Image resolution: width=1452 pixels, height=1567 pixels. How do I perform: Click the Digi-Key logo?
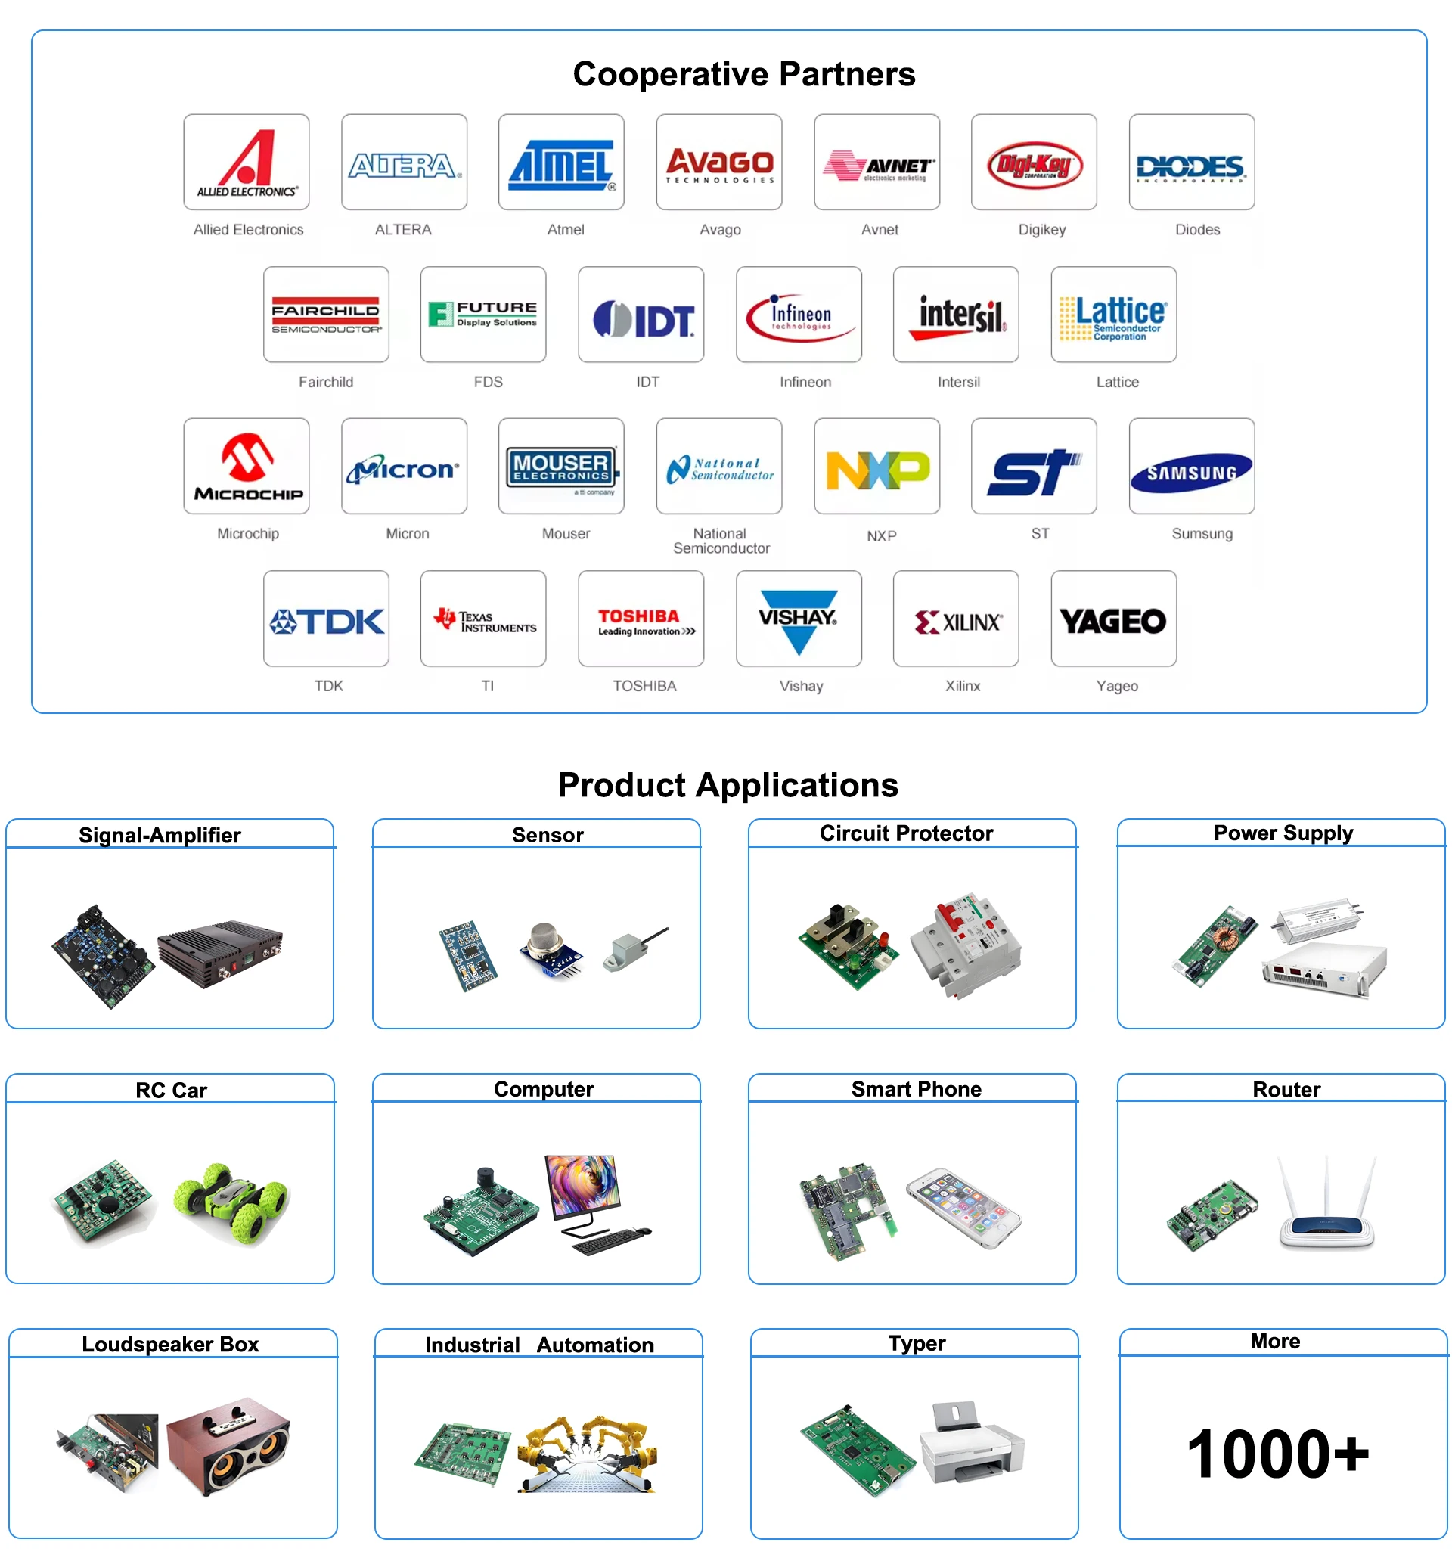1034,164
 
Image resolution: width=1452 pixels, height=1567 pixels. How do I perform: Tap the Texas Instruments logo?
483,621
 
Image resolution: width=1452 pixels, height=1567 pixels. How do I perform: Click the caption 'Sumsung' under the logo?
1202,535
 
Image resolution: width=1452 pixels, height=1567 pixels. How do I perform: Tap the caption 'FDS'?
488,382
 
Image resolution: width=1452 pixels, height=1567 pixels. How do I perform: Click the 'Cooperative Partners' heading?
743,75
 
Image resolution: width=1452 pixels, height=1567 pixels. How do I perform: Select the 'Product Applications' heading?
728,785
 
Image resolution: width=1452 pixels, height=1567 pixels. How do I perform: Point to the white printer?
972,1446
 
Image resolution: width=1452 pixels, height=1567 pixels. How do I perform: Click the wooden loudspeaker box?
228,1446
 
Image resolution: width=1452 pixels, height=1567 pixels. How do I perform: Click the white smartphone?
963,1207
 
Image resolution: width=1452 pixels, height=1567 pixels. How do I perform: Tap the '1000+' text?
1277,1454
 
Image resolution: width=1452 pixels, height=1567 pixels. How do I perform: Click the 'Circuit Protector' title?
906,834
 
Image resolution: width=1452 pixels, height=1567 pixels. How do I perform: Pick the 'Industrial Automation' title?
539,1345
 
